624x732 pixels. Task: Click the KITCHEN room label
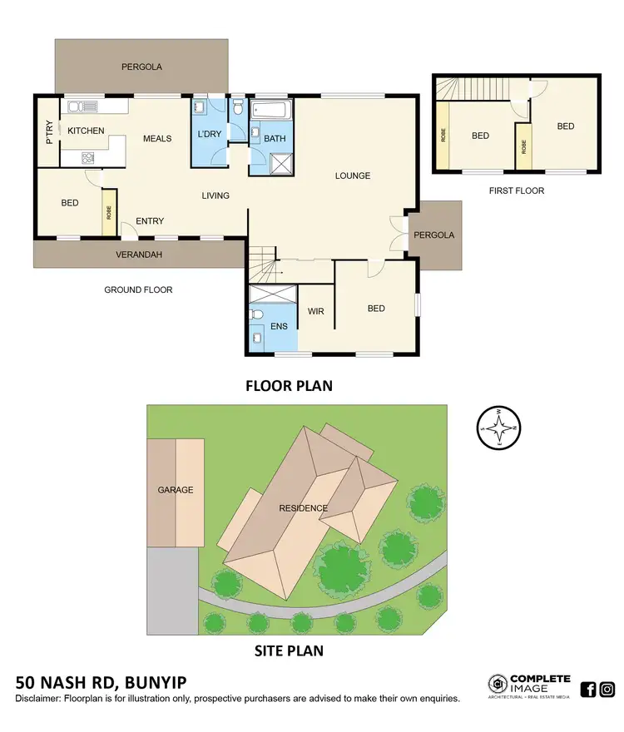point(86,131)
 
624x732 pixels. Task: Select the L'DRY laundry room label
point(208,135)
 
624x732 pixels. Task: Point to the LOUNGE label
point(353,176)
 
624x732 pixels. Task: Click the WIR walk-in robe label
point(315,311)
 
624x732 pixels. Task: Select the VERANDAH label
point(140,255)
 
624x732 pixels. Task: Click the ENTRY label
point(150,221)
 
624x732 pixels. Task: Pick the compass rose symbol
point(498,428)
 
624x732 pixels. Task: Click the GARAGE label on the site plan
point(176,490)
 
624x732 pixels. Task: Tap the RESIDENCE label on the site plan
point(303,508)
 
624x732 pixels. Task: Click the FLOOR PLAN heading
point(289,385)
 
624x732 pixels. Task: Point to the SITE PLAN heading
point(289,650)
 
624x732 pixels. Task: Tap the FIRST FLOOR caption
point(518,190)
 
